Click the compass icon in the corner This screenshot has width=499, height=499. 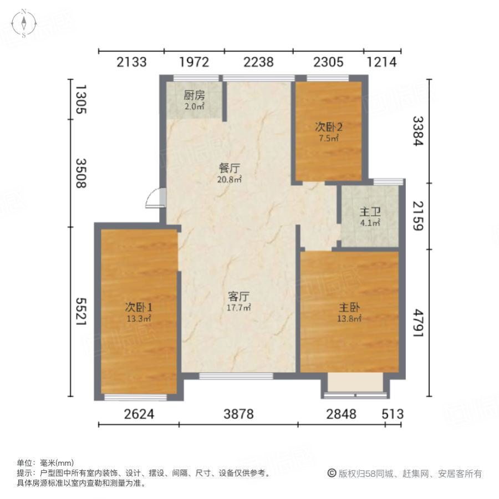(24, 23)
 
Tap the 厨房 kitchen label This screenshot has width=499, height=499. (195, 95)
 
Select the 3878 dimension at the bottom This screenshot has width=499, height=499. (238, 414)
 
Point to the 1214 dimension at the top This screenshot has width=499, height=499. (382, 62)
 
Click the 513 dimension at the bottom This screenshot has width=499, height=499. (393, 414)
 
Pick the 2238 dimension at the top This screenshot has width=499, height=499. (258, 62)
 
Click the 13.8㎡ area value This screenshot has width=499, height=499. (350, 318)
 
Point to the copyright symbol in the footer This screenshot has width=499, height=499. (332, 473)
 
